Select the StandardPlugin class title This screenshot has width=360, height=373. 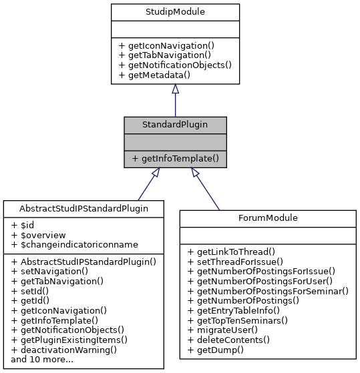(175, 125)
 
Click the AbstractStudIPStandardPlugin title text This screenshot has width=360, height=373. (83, 208)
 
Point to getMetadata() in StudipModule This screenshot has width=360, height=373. (154, 75)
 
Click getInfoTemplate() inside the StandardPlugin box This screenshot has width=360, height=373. (175, 159)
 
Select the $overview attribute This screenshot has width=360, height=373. (37, 236)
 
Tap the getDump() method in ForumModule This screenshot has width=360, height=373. (216, 349)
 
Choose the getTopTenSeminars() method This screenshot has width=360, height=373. (238, 320)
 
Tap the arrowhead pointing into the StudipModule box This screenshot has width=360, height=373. (175, 89)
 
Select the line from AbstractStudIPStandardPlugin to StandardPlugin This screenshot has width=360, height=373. (146, 188)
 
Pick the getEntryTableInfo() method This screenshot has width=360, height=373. (234, 310)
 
